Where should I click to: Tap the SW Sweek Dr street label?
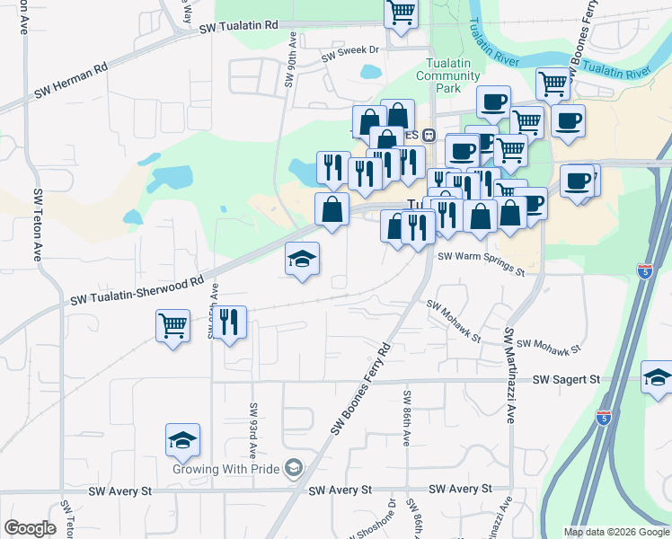352,51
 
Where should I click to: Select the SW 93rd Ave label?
254,428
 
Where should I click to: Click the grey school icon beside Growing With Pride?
294,468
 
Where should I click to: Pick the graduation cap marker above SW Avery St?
182,440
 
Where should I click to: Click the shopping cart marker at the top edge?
401,13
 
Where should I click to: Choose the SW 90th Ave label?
291,60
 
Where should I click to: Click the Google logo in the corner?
30,528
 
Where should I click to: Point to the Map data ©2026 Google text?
616,532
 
